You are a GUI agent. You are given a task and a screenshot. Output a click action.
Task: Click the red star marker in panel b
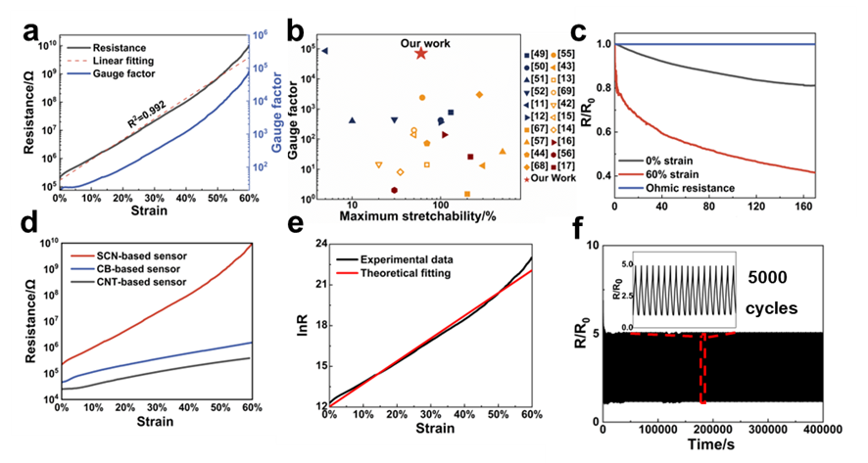click(x=420, y=53)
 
